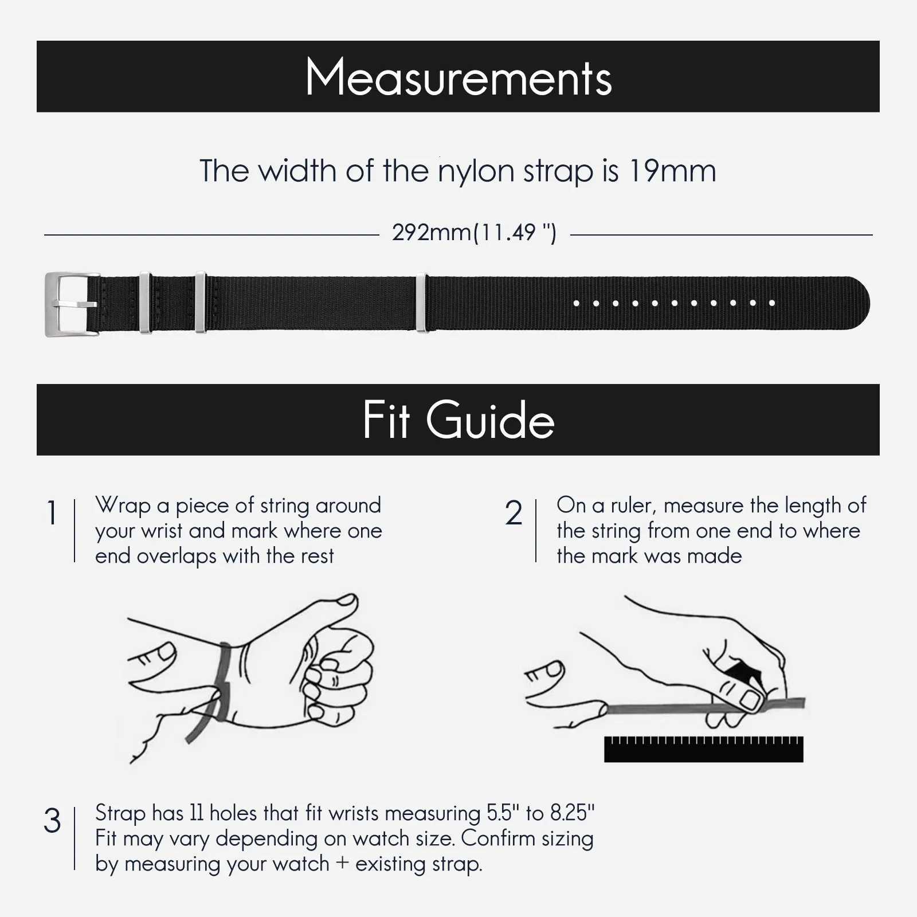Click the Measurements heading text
click(458, 77)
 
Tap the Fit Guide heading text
click(458, 420)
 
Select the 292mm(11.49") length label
click(474, 233)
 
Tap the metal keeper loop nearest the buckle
click(145, 303)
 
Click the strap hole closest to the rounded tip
click(772, 303)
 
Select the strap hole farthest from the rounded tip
click(577, 303)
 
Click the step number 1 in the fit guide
click(52, 512)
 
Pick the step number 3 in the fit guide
click(52, 821)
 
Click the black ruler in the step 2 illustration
click(703, 751)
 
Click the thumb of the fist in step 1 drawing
click(338, 608)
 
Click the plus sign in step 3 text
click(342, 863)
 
